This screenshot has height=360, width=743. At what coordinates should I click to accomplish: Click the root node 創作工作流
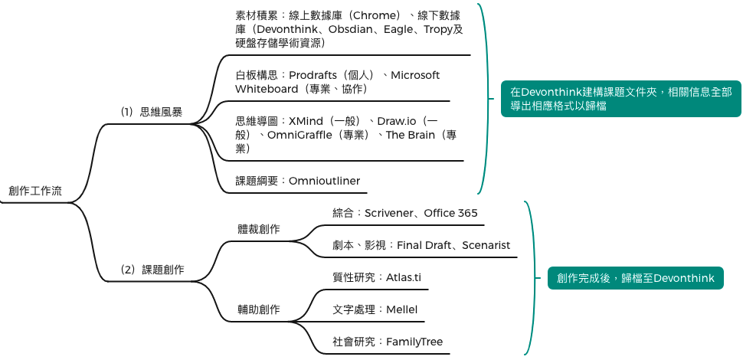35,191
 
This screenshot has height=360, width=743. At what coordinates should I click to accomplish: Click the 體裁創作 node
258,229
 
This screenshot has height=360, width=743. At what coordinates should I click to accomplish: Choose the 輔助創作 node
258,309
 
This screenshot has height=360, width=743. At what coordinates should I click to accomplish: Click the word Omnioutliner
324,181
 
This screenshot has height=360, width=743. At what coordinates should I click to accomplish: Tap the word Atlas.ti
404,277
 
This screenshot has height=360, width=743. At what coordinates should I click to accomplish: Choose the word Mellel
401,309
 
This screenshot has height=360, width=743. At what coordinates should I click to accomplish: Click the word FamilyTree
414,342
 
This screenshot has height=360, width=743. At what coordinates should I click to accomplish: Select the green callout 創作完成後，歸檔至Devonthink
635,278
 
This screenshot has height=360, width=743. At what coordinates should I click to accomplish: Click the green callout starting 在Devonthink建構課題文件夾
620,99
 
